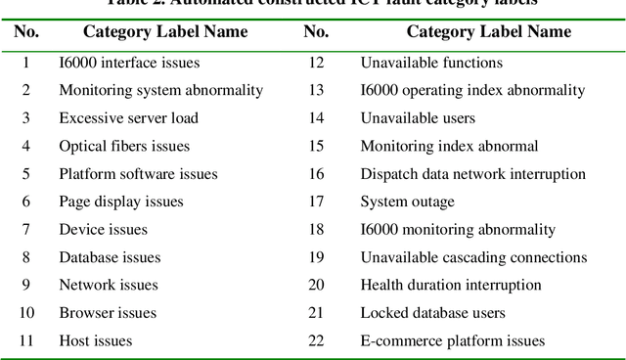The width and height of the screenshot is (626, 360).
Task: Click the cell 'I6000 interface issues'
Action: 129,63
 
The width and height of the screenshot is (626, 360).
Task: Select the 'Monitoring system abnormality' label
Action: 160,90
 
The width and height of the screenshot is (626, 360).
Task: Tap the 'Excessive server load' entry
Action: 128,118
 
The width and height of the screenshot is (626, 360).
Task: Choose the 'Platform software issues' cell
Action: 138,174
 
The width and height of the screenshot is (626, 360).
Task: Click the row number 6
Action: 26,202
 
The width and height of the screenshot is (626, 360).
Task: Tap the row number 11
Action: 26,341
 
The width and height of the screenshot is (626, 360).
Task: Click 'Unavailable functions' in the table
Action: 431,63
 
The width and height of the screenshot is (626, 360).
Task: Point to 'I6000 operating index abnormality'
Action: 472,90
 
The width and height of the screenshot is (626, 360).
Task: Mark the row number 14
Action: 315,118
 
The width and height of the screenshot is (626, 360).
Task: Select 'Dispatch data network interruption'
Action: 473,174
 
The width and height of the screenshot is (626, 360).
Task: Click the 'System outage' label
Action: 407,202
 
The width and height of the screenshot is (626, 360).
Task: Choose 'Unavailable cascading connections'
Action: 473,257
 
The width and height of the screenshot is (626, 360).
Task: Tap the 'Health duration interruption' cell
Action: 451,285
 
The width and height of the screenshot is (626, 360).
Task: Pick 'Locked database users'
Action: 432,313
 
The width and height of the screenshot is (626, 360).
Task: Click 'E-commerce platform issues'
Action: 453,341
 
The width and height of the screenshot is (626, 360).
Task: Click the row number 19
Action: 315,257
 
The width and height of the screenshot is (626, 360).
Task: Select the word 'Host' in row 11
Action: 75,341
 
